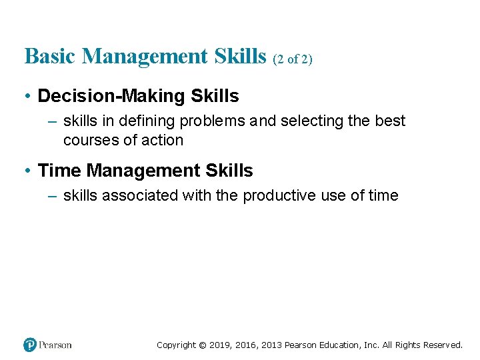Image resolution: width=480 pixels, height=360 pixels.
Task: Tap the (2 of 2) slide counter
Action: coord(293,59)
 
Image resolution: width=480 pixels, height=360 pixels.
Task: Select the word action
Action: coord(162,140)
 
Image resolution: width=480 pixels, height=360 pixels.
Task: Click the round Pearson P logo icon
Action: coord(30,345)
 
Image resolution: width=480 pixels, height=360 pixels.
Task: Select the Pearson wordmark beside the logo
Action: coord(55,345)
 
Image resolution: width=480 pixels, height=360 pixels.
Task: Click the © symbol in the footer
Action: coord(203,345)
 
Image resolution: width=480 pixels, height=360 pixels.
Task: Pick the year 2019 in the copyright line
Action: coord(219,345)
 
